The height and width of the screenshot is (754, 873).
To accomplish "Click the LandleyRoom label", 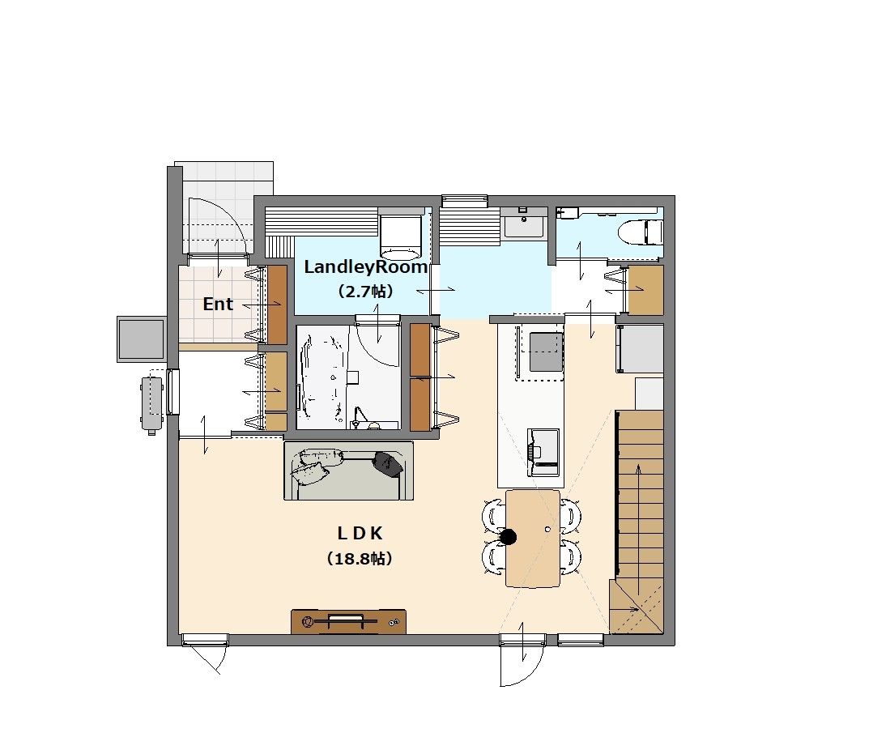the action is point(365,266).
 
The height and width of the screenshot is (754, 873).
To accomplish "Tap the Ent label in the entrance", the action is point(218,304).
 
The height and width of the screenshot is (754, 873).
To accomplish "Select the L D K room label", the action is point(360,534).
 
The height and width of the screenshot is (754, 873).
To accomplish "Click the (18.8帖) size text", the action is point(360,559).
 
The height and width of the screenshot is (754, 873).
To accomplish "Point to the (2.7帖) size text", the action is point(365,292).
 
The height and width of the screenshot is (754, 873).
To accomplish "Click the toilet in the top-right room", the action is point(641,231).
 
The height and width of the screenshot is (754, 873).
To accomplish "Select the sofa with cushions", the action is point(348,471).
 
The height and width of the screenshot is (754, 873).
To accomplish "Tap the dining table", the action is point(533,538).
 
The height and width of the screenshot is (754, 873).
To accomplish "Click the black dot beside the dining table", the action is point(509,537).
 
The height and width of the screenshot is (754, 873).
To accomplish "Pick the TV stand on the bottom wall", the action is point(348,621).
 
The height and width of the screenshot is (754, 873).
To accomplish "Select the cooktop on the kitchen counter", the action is point(546,351).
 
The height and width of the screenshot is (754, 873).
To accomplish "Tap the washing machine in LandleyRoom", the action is point(399,234).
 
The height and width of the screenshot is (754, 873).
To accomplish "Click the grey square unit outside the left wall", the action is point(141,339).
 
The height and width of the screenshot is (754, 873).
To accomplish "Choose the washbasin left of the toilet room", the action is point(523,224).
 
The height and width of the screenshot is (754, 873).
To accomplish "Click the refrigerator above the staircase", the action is point(640,349).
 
